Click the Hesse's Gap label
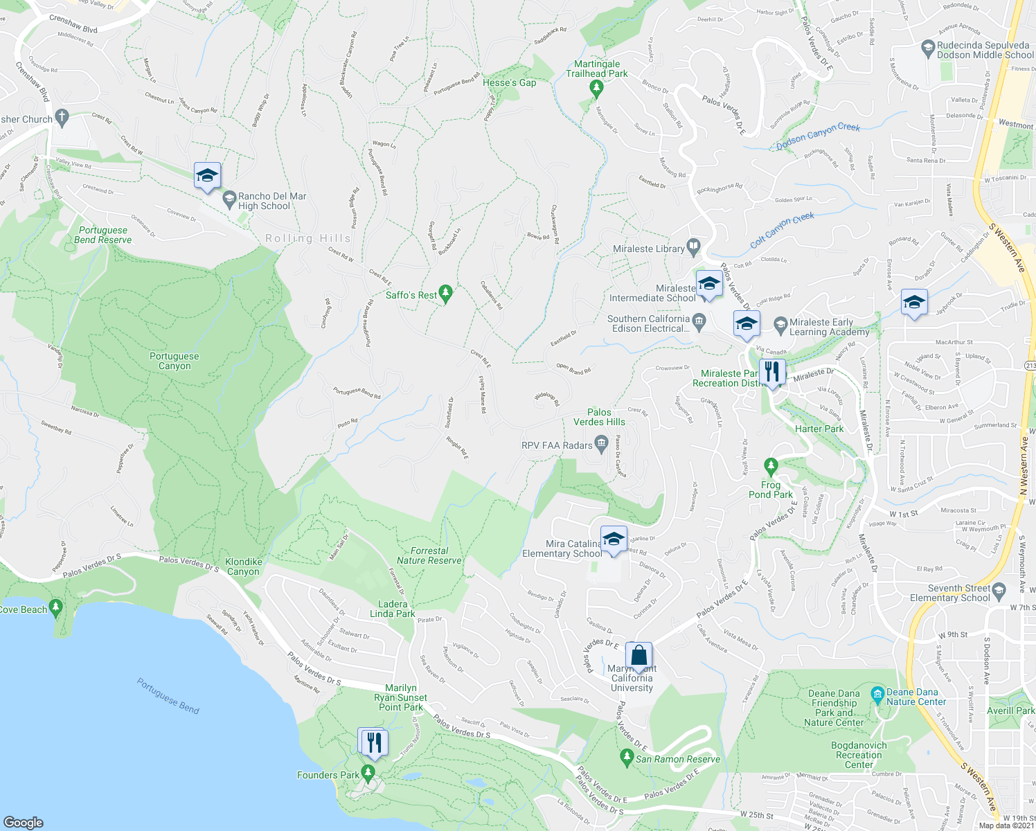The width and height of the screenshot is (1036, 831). [x=509, y=82]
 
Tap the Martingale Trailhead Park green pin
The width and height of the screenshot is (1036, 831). [x=596, y=87]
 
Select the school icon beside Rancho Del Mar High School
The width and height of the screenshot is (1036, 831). [x=207, y=176]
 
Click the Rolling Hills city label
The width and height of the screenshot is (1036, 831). [x=308, y=238]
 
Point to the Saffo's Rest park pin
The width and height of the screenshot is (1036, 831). [x=446, y=294]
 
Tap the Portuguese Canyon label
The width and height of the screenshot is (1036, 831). [x=175, y=361]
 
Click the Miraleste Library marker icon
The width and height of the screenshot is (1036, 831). [x=694, y=247]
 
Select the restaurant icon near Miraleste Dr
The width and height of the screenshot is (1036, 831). [x=772, y=372]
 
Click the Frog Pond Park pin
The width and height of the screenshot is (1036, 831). [x=771, y=465]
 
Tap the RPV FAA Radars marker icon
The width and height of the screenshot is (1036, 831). [x=601, y=443]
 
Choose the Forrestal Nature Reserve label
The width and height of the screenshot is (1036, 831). [x=429, y=555]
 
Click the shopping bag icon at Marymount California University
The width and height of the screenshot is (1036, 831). [x=638, y=655]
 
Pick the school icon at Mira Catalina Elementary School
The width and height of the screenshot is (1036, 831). [x=613, y=539]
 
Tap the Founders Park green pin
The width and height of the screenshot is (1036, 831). [x=368, y=771]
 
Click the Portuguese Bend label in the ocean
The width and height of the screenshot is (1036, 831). [x=168, y=696]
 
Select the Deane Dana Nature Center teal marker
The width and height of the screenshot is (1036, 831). [x=877, y=693]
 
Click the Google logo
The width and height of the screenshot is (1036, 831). [x=23, y=822]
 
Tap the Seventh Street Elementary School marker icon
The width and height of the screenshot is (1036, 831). [x=999, y=590]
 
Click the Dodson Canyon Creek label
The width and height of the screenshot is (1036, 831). [x=818, y=136]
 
